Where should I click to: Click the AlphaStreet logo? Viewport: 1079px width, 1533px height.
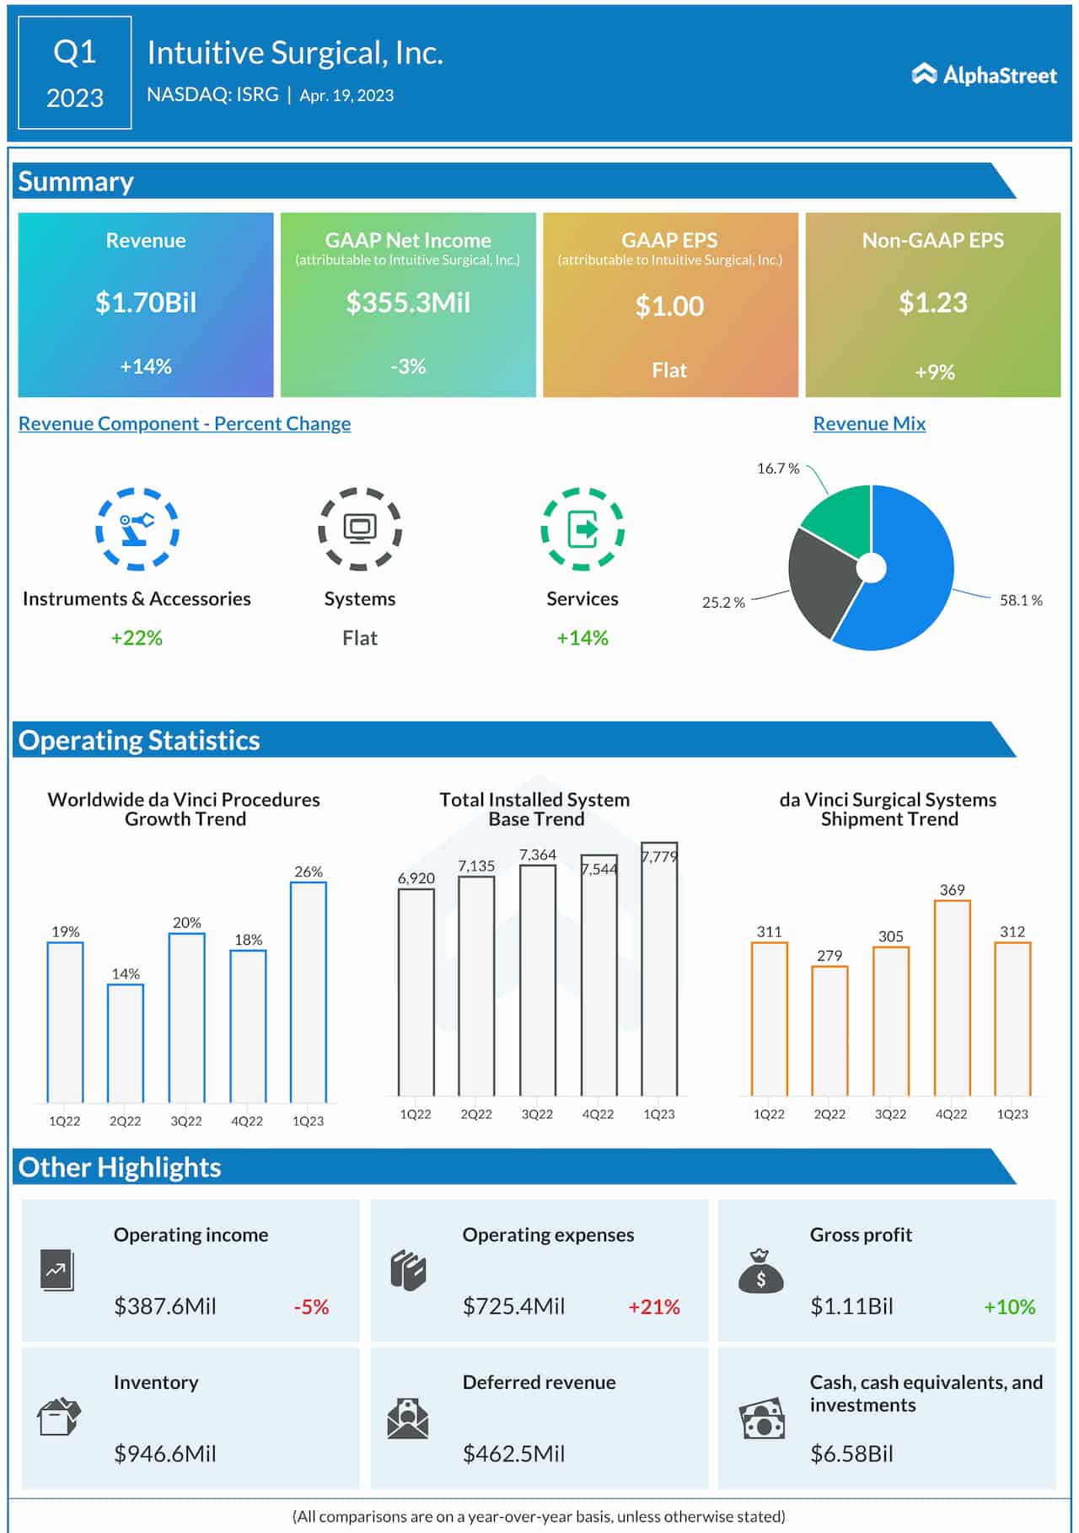pos(984,75)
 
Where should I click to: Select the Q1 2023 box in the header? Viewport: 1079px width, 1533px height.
pos(75,73)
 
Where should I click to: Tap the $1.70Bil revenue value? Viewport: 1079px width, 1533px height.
pos(146,303)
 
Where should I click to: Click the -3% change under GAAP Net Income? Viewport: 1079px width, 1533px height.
pos(408,367)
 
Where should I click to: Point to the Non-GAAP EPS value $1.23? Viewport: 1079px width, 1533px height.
pos(932,303)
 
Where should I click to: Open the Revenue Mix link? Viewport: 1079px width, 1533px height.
pos(869,424)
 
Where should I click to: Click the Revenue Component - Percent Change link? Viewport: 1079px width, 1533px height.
pos(185,424)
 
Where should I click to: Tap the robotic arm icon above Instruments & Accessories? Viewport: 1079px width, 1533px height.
pos(137,528)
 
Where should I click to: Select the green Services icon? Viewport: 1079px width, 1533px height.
pos(582,529)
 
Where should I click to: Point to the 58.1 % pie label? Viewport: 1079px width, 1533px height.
pos(1021,601)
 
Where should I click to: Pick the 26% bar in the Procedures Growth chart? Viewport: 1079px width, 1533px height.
pos(309,992)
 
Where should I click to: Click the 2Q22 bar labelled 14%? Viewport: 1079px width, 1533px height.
pos(126,1043)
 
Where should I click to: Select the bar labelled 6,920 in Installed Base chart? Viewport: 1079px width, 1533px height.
pos(416,992)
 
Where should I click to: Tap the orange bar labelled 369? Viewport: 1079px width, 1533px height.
pos(952,998)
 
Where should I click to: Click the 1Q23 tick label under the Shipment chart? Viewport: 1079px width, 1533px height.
pos(1012,1114)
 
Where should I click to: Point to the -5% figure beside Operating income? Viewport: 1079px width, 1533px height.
pos(311,1307)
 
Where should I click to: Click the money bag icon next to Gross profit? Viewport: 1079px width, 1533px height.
pos(760,1272)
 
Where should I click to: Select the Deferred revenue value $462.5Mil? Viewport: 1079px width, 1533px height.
pos(513,1454)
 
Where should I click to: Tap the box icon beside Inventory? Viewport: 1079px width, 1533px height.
pos(59,1417)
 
